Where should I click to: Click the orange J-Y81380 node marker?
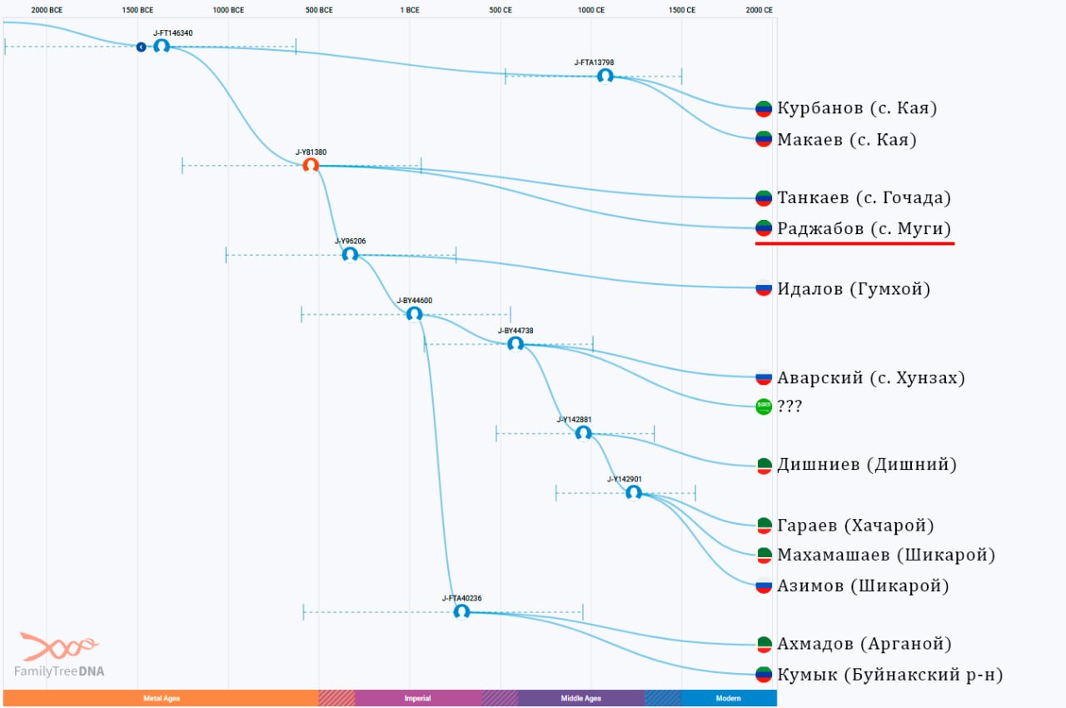click(311, 166)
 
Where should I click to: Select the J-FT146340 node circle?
click(162, 47)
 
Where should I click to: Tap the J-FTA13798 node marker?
click(605, 76)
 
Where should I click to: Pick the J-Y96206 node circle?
click(351, 255)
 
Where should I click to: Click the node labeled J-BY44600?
click(414, 314)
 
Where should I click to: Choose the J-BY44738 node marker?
click(516, 344)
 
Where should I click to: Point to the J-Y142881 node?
click(584, 433)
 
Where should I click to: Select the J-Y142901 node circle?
click(634, 493)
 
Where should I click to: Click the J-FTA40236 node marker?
click(461, 612)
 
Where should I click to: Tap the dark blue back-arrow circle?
click(142, 47)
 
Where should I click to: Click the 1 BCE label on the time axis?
click(410, 10)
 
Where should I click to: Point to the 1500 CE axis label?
click(682, 10)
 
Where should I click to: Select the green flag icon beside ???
click(764, 406)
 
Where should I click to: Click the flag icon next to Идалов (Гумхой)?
click(764, 288)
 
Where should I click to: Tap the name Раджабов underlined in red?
click(820, 228)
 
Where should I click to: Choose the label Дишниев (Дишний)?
click(867, 465)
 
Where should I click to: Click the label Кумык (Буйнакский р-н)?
click(890, 674)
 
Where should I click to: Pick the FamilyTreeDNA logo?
click(59, 655)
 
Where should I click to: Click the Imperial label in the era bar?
click(417, 698)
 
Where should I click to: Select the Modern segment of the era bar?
click(729, 698)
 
